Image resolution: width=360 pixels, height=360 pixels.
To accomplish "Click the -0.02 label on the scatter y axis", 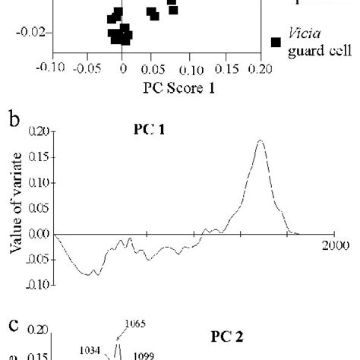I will coord(30,32).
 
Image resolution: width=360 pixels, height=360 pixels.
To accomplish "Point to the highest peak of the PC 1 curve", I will coord(261,141).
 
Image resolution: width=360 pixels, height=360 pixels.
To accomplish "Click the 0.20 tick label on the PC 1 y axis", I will coord(36,131).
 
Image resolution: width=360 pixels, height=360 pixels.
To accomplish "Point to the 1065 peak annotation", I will coord(134,324).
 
